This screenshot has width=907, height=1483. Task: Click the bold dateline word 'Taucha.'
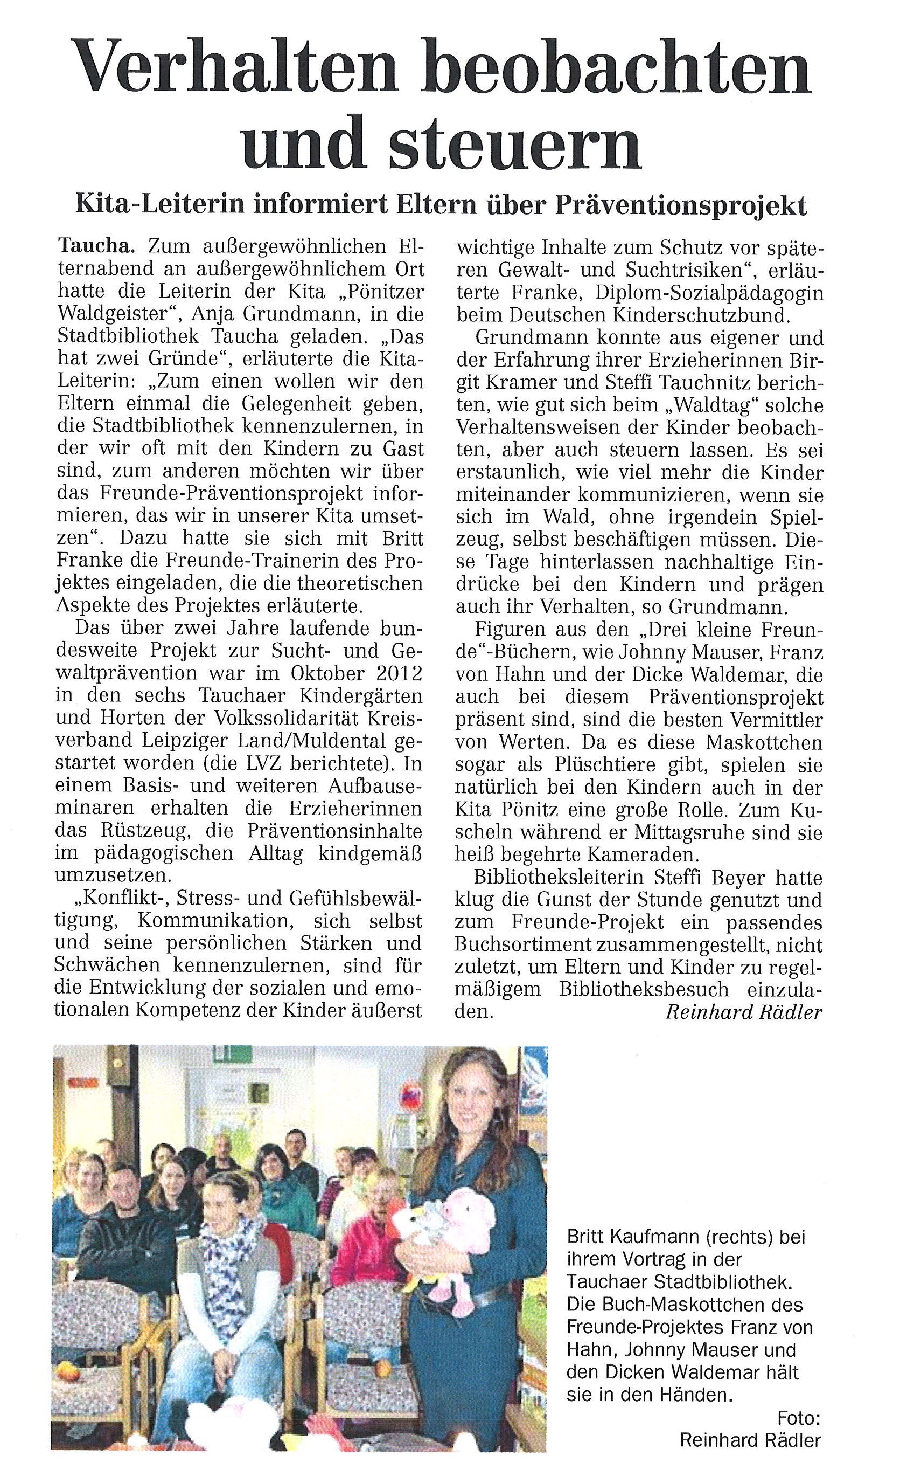coord(93,246)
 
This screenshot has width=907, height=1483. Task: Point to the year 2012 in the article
coord(395,673)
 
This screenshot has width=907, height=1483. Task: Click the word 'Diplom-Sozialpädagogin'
coord(709,293)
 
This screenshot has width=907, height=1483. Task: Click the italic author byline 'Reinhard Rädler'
coord(743,1012)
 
